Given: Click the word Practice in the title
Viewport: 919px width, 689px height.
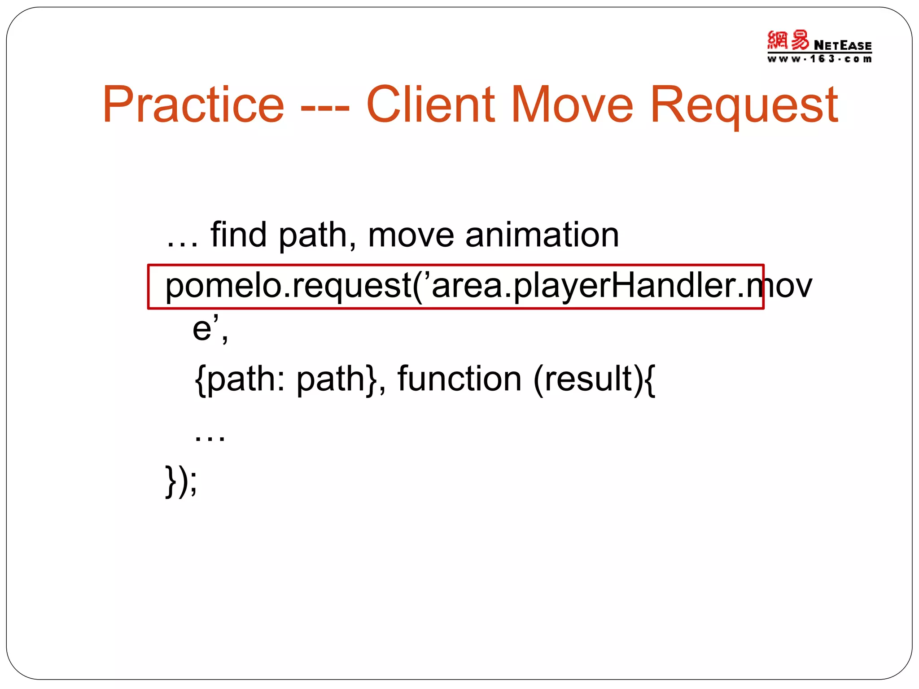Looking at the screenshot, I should click(193, 105).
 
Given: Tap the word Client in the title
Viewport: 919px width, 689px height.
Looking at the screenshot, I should click(430, 105).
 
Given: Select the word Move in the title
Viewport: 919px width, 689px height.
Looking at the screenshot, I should click(572, 105).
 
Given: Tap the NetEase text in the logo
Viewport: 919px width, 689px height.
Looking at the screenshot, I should click(842, 45).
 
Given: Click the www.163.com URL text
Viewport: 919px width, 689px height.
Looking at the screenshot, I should click(819, 59).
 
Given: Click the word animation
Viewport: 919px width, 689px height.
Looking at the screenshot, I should click(542, 235).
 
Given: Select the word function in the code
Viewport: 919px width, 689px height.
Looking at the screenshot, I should click(459, 379).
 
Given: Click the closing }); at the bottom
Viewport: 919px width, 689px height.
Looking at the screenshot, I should click(181, 481).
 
